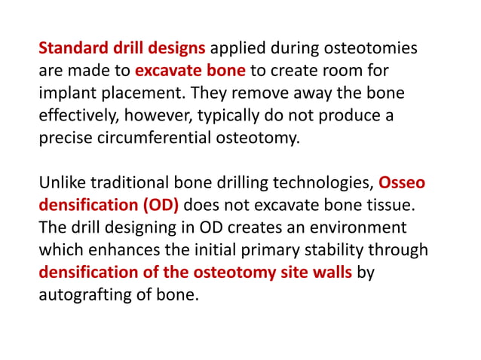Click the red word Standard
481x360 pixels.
pos(70,50)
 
